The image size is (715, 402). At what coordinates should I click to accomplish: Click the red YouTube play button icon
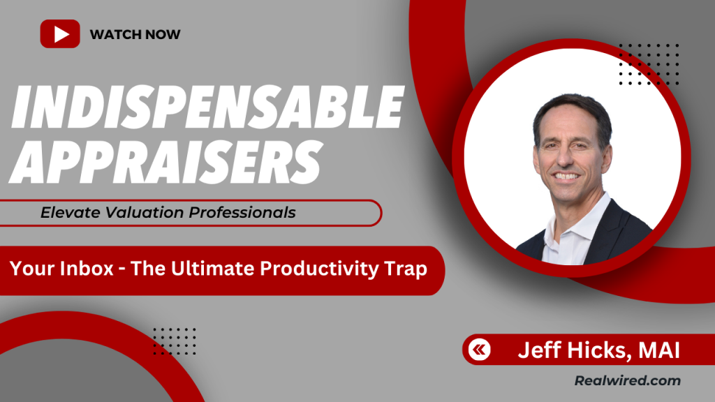(x=60, y=33)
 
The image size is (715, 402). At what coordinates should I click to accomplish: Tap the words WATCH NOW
(x=135, y=34)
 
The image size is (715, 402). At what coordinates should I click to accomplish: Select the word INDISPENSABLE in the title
(x=207, y=107)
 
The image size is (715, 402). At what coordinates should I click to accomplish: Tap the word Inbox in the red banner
(x=87, y=268)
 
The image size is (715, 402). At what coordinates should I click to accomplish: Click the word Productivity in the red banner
(x=319, y=269)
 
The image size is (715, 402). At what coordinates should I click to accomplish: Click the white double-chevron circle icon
(x=479, y=350)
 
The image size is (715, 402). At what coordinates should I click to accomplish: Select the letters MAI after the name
(x=659, y=350)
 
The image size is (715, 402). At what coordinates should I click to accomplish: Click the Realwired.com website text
(x=628, y=380)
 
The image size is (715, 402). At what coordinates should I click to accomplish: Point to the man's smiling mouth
(x=566, y=175)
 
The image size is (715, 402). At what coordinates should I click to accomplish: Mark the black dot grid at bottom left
(x=175, y=341)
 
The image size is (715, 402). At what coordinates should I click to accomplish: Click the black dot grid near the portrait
(x=649, y=64)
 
